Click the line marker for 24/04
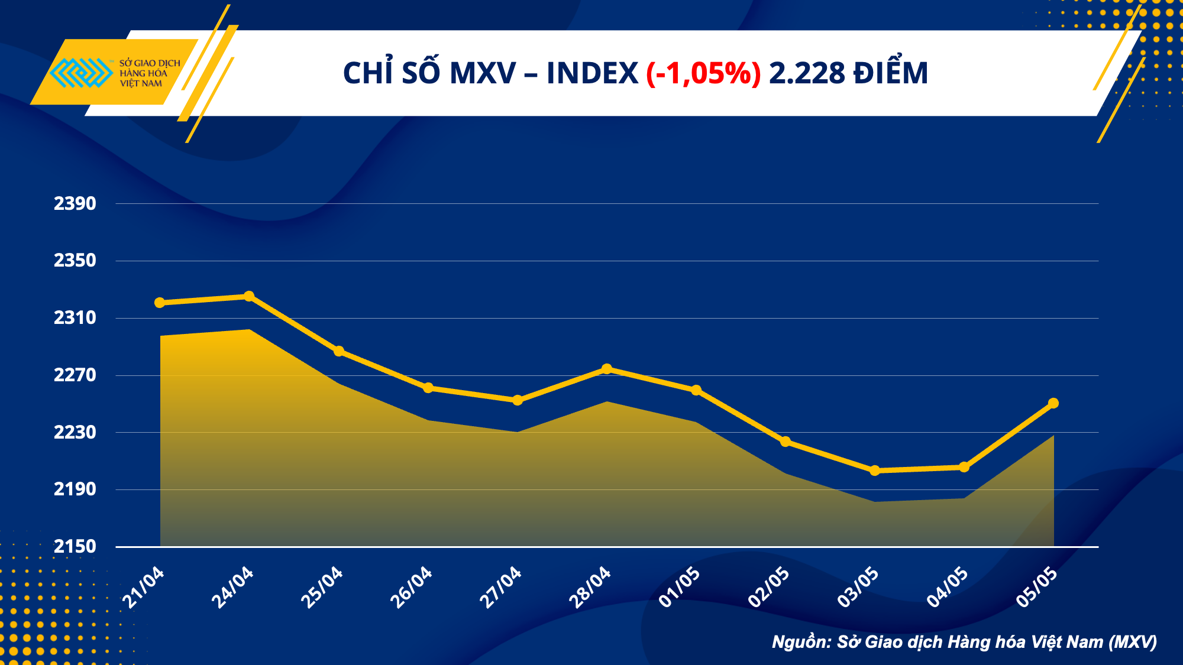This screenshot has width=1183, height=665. coord(249,296)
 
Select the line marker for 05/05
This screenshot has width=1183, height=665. coord(1053,403)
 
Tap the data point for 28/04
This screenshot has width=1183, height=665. coord(606,369)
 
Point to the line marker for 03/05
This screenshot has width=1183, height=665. coord(875,471)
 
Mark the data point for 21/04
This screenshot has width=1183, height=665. coord(160,303)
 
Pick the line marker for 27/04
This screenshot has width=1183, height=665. coord(518,400)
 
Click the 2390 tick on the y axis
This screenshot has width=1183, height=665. coord(75,204)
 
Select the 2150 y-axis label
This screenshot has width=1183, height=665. coord(75,547)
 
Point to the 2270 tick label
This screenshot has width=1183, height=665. coord(75,375)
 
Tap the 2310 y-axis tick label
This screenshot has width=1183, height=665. coord(75,318)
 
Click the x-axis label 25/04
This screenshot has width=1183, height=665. coord(322,586)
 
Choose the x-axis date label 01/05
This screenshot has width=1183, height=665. coord(680,586)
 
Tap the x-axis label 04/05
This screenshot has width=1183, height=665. coord(948,586)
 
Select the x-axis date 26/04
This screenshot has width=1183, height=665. coord(411,586)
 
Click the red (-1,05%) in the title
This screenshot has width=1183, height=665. coord(703,74)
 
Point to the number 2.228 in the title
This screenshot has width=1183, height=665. coord(807,74)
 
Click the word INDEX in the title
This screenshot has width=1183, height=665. coord(592,74)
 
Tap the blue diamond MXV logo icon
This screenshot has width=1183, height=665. coord(81,73)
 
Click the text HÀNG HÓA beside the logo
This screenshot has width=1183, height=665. coord(144,73)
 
